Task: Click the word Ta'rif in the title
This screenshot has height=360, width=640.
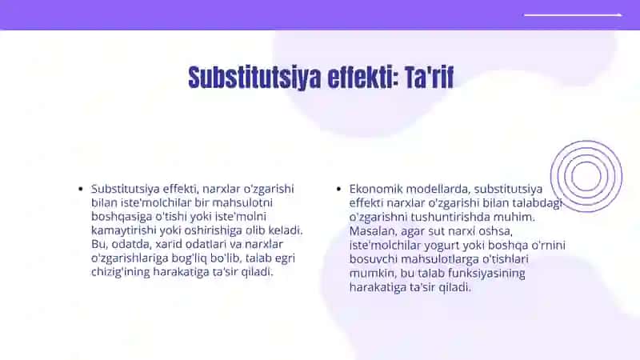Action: (x=429, y=77)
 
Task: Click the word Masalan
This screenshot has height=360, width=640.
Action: (x=373, y=231)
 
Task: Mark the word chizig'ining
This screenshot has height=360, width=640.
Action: (x=121, y=272)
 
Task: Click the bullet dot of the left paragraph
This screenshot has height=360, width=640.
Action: (x=81, y=189)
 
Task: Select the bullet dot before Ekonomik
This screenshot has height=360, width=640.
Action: (x=338, y=189)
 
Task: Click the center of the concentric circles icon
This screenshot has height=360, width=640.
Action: (x=586, y=176)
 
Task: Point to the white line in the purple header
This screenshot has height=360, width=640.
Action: (x=573, y=15)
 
